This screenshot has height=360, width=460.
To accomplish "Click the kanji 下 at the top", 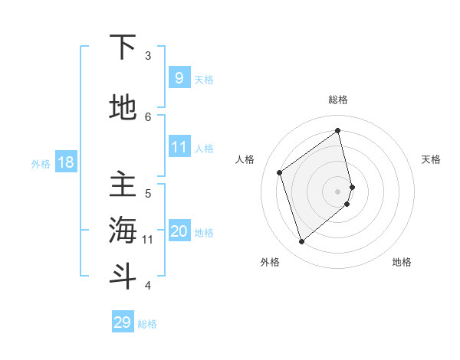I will tap(123, 47).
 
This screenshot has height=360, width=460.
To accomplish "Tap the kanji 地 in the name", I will tap(123, 107).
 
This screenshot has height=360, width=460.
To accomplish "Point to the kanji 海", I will tap(123, 231).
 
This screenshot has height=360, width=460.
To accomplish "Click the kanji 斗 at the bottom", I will tap(123, 276).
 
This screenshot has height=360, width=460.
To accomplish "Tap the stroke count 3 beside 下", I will tap(148, 56).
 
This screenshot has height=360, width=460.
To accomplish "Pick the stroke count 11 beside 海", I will tap(148, 240).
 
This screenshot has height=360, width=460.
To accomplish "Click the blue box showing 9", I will tap(179, 77).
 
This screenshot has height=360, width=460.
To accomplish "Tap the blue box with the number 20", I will tap(179, 231).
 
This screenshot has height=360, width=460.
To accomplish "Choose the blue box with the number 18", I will tap(65, 162).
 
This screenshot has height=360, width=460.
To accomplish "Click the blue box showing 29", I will tap(123, 322).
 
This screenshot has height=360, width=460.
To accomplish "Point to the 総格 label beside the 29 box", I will tap(147, 324).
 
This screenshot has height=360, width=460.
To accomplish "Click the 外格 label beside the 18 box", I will tap(41, 163).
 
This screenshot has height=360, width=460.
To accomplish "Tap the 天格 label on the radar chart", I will tap(432, 159).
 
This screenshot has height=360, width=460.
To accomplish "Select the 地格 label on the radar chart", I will tap(402, 262).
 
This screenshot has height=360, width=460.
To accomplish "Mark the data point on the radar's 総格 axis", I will tap(337, 131).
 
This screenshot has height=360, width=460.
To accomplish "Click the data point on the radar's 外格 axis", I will tap(301, 242).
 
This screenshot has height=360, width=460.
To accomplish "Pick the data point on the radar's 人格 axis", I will tap(280, 172).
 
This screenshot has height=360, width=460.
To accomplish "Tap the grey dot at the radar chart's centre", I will tap(338, 191).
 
